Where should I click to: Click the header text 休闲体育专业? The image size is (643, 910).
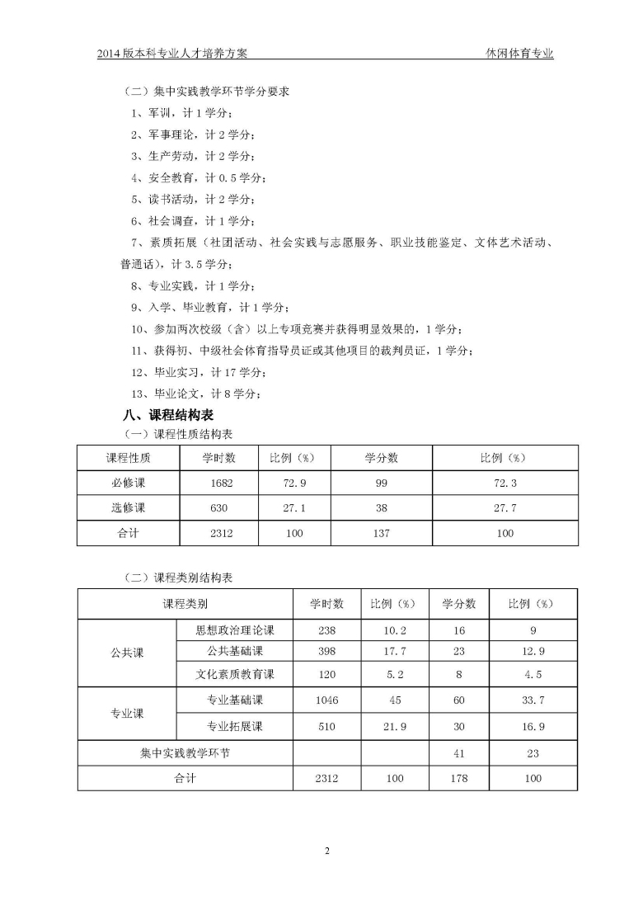(x=519, y=54)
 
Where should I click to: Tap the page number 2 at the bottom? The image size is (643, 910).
(x=327, y=851)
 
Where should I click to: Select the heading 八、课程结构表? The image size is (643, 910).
(x=168, y=415)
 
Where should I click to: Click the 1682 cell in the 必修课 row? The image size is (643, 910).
(x=222, y=483)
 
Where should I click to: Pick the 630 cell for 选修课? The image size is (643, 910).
(x=222, y=508)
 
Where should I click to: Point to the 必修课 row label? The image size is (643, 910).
(x=128, y=483)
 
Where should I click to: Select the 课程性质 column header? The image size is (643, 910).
(x=128, y=458)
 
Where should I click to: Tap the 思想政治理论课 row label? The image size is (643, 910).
(x=235, y=630)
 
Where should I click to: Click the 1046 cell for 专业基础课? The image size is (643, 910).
(x=327, y=700)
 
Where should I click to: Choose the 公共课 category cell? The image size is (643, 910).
(x=127, y=652)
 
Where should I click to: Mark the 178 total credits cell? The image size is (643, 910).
(x=459, y=777)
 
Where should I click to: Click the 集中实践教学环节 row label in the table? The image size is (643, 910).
(x=185, y=752)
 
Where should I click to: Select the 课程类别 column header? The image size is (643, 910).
(x=185, y=604)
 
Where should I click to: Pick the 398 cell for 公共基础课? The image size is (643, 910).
(x=327, y=652)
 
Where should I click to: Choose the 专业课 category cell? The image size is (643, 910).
(x=127, y=714)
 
